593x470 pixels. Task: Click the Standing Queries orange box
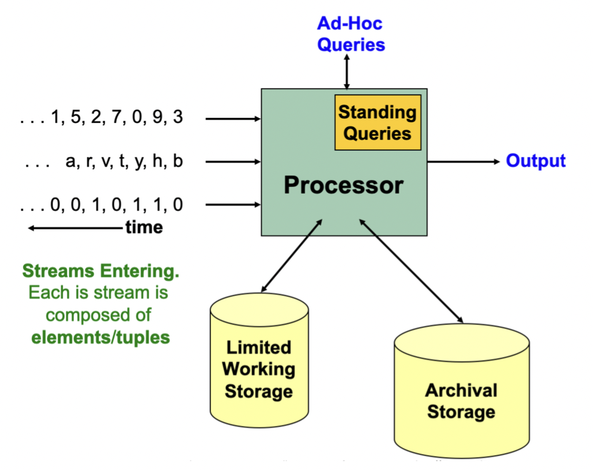coord(377,123)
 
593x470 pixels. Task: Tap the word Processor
coord(343,185)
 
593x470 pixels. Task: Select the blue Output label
coord(536,161)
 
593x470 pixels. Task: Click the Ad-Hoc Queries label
coord(350,34)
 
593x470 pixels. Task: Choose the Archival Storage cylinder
coord(461,395)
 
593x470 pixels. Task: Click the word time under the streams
coord(144,227)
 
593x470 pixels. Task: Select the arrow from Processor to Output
coord(463,161)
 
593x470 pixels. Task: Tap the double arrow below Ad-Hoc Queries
coord(347,71)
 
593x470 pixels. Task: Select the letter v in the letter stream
coord(107,162)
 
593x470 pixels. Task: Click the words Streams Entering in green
coord(100,272)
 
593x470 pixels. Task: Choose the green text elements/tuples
coord(100,337)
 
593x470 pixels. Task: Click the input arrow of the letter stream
coord(233,161)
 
